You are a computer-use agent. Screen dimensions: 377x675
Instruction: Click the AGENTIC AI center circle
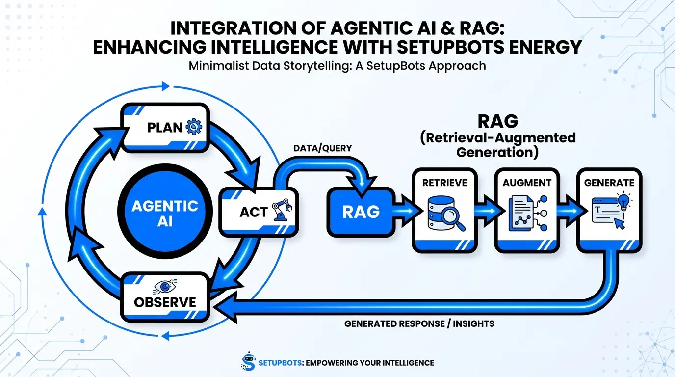[x=165, y=213]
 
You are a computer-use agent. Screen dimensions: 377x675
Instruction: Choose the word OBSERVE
[x=165, y=301]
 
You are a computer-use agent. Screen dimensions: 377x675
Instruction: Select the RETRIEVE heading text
[x=444, y=183]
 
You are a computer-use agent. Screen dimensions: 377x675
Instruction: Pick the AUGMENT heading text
[x=527, y=183]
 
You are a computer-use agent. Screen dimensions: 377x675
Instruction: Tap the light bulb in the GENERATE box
[x=623, y=201]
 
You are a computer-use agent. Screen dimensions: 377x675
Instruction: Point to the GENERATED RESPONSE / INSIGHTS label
[x=419, y=324]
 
